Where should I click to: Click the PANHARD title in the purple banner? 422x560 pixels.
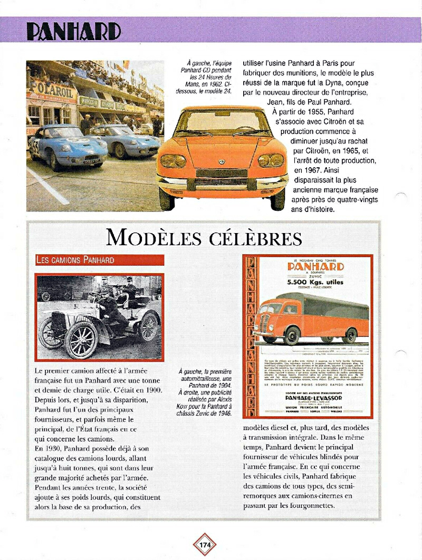tap(73, 31)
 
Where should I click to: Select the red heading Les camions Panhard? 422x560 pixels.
tap(74, 260)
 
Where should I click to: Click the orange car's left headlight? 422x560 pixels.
tap(173, 161)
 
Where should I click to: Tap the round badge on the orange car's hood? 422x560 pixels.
tap(222, 161)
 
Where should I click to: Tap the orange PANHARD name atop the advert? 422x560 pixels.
tap(315, 267)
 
